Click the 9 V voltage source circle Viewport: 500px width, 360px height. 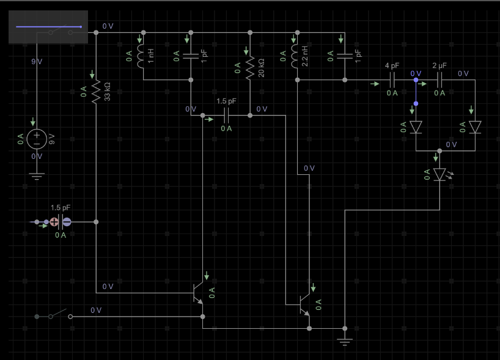point(37,139)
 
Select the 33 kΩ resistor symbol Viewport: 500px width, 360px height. point(96,92)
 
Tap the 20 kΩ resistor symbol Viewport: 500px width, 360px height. point(250,68)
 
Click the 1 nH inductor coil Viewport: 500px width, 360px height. point(141,56)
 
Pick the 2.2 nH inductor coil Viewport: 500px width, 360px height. point(295,56)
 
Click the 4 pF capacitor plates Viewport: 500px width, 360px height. point(392,80)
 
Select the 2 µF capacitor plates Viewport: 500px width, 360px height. point(439,80)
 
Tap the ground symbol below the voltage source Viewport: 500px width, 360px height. point(37,177)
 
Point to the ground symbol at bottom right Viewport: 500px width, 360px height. point(345,342)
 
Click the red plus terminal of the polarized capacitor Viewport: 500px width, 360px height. point(54,222)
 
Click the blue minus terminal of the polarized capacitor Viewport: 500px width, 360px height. point(67,222)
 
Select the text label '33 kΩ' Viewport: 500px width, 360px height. point(107,92)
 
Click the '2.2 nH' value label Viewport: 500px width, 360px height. point(305,56)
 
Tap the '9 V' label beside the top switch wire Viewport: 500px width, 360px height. point(37,62)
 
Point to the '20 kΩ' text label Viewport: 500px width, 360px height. point(261,68)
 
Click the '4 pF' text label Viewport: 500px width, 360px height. point(392,65)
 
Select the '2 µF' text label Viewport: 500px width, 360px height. point(439,65)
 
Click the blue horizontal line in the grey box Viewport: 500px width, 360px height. point(49,27)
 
